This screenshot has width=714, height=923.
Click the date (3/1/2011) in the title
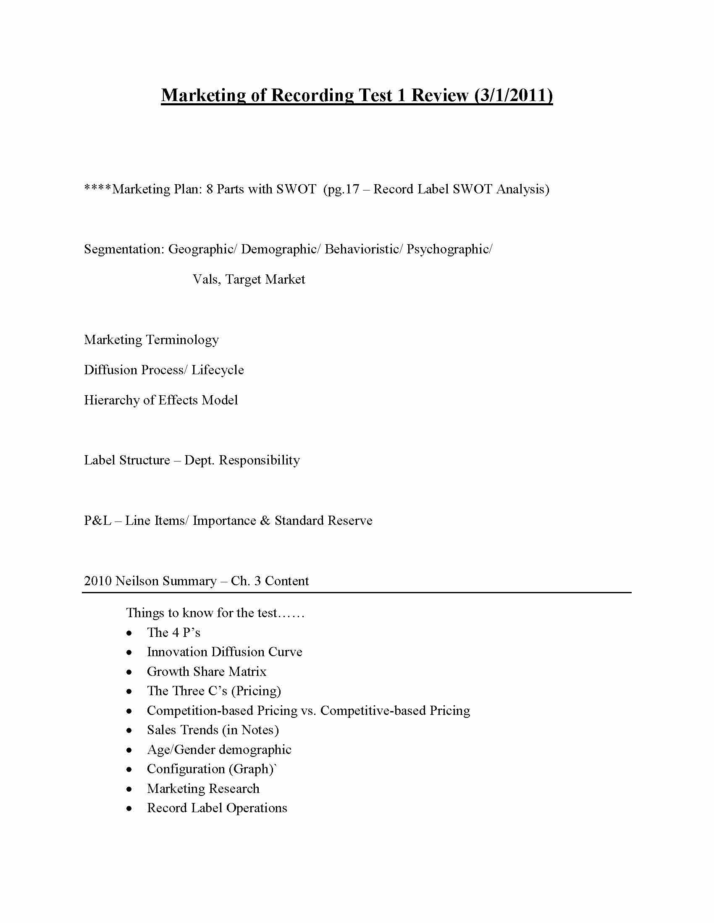[x=513, y=95]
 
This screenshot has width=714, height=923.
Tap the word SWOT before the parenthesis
[x=296, y=189]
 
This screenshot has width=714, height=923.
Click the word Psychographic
[x=449, y=249]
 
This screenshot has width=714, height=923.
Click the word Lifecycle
[x=218, y=370]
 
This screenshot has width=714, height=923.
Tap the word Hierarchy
[x=112, y=400]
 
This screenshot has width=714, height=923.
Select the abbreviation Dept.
[x=199, y=460]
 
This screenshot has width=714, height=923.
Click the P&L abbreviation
[x=98, y=521]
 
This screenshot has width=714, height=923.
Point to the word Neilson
[x=136, y=581]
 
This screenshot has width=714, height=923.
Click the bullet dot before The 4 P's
[x=129, y=633]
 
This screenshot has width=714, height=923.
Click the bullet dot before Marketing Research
[x=129, y=789]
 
